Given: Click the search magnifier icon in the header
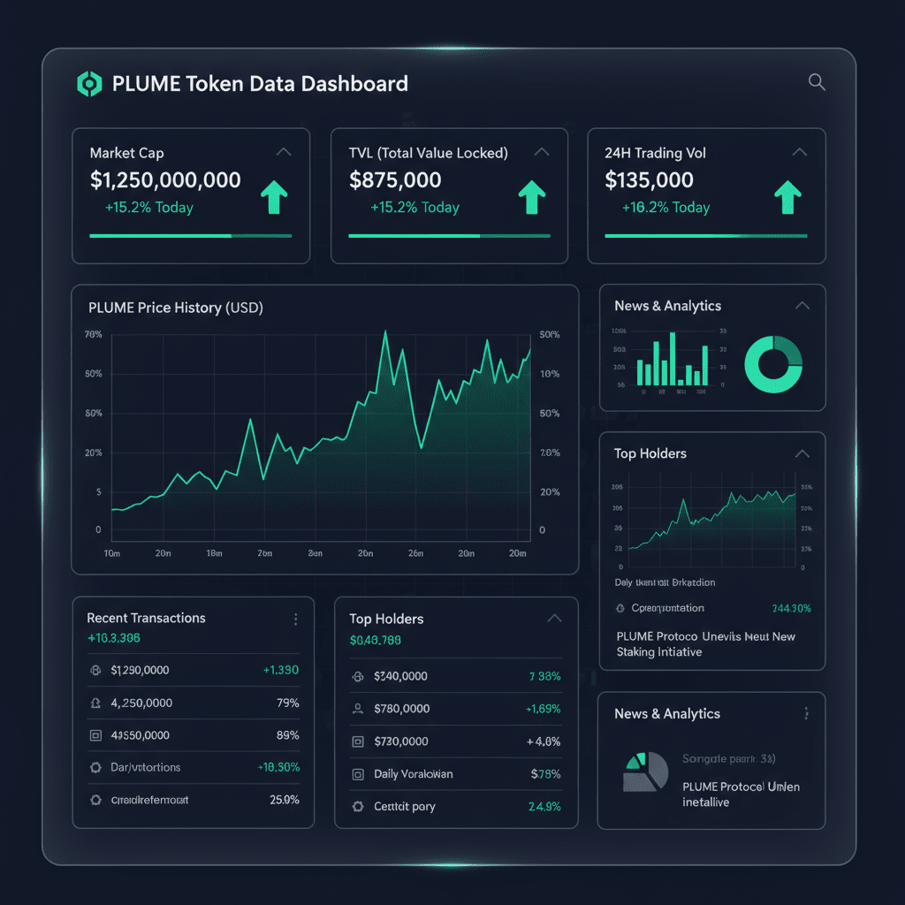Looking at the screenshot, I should pyautogui.click(x=817, y=82).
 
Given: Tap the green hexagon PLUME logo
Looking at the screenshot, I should pyautogui.click(x=89, y=84).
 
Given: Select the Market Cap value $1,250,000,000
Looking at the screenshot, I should pyautogui.click(x=165, y=180).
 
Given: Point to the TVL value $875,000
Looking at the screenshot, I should pyautogui.click(x=395, y=180).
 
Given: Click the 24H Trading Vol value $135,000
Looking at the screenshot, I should pyautogui.click(x=649, y=180).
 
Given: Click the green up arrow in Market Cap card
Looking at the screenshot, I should pyautogui.click(x=276, y=198).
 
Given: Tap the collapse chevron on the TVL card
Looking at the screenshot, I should pyautogui.click(x=542, y=152).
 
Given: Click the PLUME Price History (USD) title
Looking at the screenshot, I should pyautogui.click(x=176, y=308).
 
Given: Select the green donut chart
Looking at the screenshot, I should pyautogui.click(x=773, y=364).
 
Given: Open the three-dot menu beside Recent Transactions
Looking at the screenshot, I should pyautogui.click(x=295, y=620).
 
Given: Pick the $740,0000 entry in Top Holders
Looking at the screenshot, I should pyautogui.click(x=401, y=676).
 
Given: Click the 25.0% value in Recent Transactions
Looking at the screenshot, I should pyautogui.click(x=284, y=800).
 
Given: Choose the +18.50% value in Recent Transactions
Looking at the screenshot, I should pyautogui.click(x=278, y=767).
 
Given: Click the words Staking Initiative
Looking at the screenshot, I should pyautogui.click(x=658, y=652).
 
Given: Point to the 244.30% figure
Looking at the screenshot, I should pyautogui.click(x=791, y=608).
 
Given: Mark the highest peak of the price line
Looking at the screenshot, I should pyautogui.click(x=385, y=332).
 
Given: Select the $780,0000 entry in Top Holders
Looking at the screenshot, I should pyautogui.click(x=401, y=708).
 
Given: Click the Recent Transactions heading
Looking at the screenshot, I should pyautogui.click(x=146, y=618).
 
